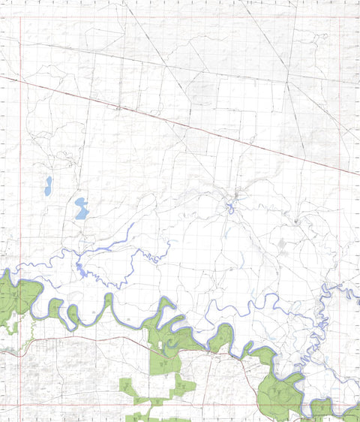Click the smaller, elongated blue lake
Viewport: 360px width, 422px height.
[48, 185]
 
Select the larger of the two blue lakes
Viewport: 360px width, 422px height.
[81, 209]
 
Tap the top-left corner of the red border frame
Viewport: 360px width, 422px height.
[20, 16]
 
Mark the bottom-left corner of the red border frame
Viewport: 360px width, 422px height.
[20, 406]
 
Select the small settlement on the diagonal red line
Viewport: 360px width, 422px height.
[118, 107]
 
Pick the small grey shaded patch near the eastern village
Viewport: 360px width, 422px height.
[282, 243]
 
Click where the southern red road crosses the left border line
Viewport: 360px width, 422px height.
[20, 346]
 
